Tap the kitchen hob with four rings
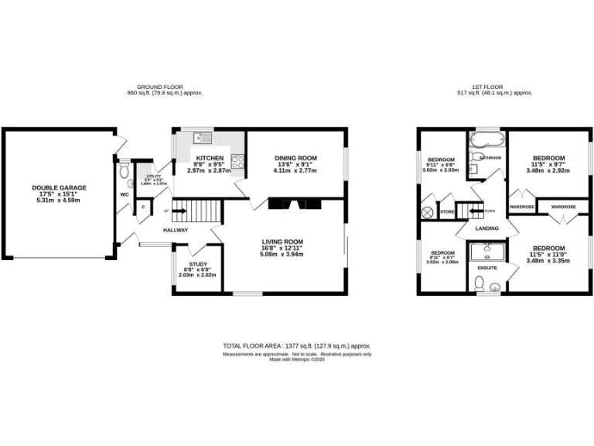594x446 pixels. pos(238,163)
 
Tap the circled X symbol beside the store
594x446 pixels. pos(425,211)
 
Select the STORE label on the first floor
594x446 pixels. pos(446,210)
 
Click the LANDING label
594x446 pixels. pos(486,228)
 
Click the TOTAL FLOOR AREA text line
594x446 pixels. pos(297,347)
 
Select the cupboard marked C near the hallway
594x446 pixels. pos(143,207)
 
